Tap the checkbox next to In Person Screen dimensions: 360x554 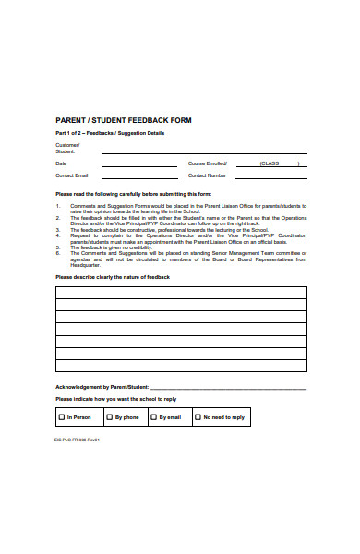tap(61, 417)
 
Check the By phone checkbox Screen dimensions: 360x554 tap(108, 417)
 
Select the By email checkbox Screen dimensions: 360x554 tap(152, 417)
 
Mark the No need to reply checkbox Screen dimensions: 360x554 tap(197, 417)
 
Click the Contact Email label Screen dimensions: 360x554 tap(72, 175)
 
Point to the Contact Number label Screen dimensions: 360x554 tap(207, 175)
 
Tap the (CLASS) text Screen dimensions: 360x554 tap(270, 163)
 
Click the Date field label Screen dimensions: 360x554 tap(61, 163)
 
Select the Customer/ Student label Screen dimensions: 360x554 tap(67, 149)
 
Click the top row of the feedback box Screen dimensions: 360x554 tap(180, 293)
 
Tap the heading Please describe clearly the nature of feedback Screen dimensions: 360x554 tap(113, 277)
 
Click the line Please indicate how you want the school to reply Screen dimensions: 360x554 tap(115, 399)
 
